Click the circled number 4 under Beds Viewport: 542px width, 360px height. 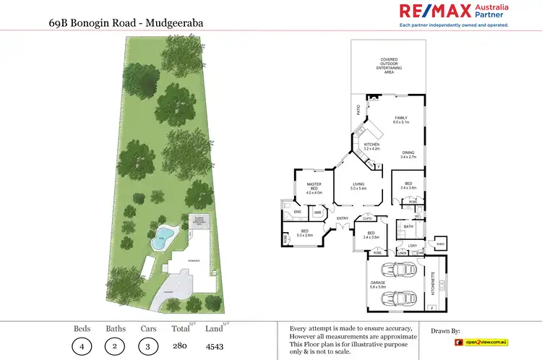81,346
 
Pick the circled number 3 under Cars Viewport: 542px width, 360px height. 149,346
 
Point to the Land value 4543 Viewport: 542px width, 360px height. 215,346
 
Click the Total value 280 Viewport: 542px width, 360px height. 181,346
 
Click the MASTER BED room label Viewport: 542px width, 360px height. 314,189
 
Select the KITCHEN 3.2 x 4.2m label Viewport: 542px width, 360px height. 371,147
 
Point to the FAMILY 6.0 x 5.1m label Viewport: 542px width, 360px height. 400,120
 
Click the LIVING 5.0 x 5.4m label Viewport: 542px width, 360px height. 359,187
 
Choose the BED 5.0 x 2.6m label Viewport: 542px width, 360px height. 304,233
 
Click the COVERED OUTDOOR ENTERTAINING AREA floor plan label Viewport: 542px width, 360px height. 390,67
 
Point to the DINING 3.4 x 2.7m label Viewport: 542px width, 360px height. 409,154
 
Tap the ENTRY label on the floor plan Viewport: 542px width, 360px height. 343,218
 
